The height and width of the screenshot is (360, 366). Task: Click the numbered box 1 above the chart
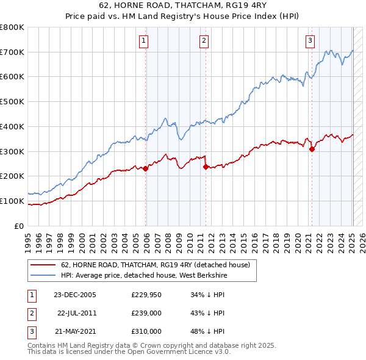(143, 41)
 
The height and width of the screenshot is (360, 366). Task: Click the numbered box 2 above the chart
(204, 41)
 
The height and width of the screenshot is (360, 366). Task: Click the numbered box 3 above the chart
(310, 41)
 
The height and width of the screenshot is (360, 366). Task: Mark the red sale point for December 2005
(146, 169)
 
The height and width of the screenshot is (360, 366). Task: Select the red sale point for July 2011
(206, 166)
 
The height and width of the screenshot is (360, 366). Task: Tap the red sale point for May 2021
(312, 148)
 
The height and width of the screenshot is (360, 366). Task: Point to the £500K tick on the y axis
(12, 101)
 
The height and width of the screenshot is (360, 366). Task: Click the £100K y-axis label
(12, 201)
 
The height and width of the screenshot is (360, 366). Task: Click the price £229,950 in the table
(146, 295)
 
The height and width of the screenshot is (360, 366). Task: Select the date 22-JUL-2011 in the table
(76, 314)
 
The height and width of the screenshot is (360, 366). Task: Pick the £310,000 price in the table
(146, 332)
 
